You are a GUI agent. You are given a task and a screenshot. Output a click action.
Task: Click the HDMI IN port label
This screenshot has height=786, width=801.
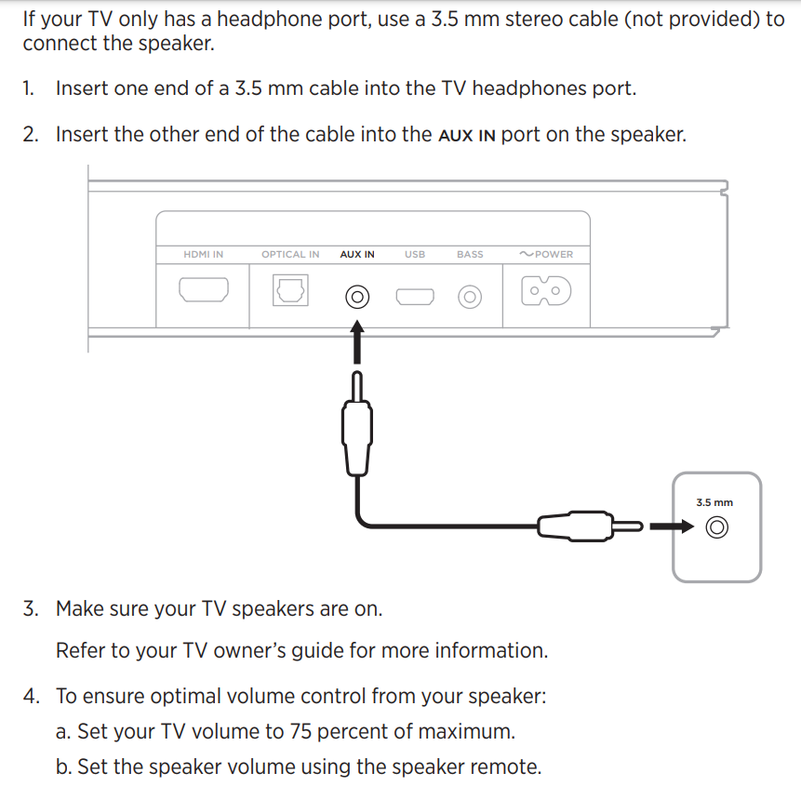tap(203, 254)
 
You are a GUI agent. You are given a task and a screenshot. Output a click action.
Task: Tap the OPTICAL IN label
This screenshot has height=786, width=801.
tap(289, 254)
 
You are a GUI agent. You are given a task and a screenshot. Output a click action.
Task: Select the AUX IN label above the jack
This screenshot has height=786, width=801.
tap(357, 254)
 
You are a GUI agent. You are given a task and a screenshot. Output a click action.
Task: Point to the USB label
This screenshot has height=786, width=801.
tap(415, 254)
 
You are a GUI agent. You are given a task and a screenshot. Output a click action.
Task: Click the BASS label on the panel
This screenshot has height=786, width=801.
tap(470, 254)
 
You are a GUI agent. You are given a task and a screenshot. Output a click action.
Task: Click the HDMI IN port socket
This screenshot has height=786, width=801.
tap(204, 291)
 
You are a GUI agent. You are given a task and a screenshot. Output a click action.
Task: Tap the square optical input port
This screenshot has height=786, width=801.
tap(289, 291)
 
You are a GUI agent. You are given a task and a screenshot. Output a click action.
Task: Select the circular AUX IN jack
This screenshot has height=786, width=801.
tap(357, 297)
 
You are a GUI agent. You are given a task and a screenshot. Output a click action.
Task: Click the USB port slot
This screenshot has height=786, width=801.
tap(415, 297)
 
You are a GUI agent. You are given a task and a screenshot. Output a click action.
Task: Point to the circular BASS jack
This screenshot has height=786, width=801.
tap(470, 297)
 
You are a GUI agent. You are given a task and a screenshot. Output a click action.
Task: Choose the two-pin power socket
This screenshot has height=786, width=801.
tap(546, 291)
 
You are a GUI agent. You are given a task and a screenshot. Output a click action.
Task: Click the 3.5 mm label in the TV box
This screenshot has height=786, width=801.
tap(714, 502)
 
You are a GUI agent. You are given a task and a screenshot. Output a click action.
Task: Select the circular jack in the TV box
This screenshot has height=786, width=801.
tap(715, 528)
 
